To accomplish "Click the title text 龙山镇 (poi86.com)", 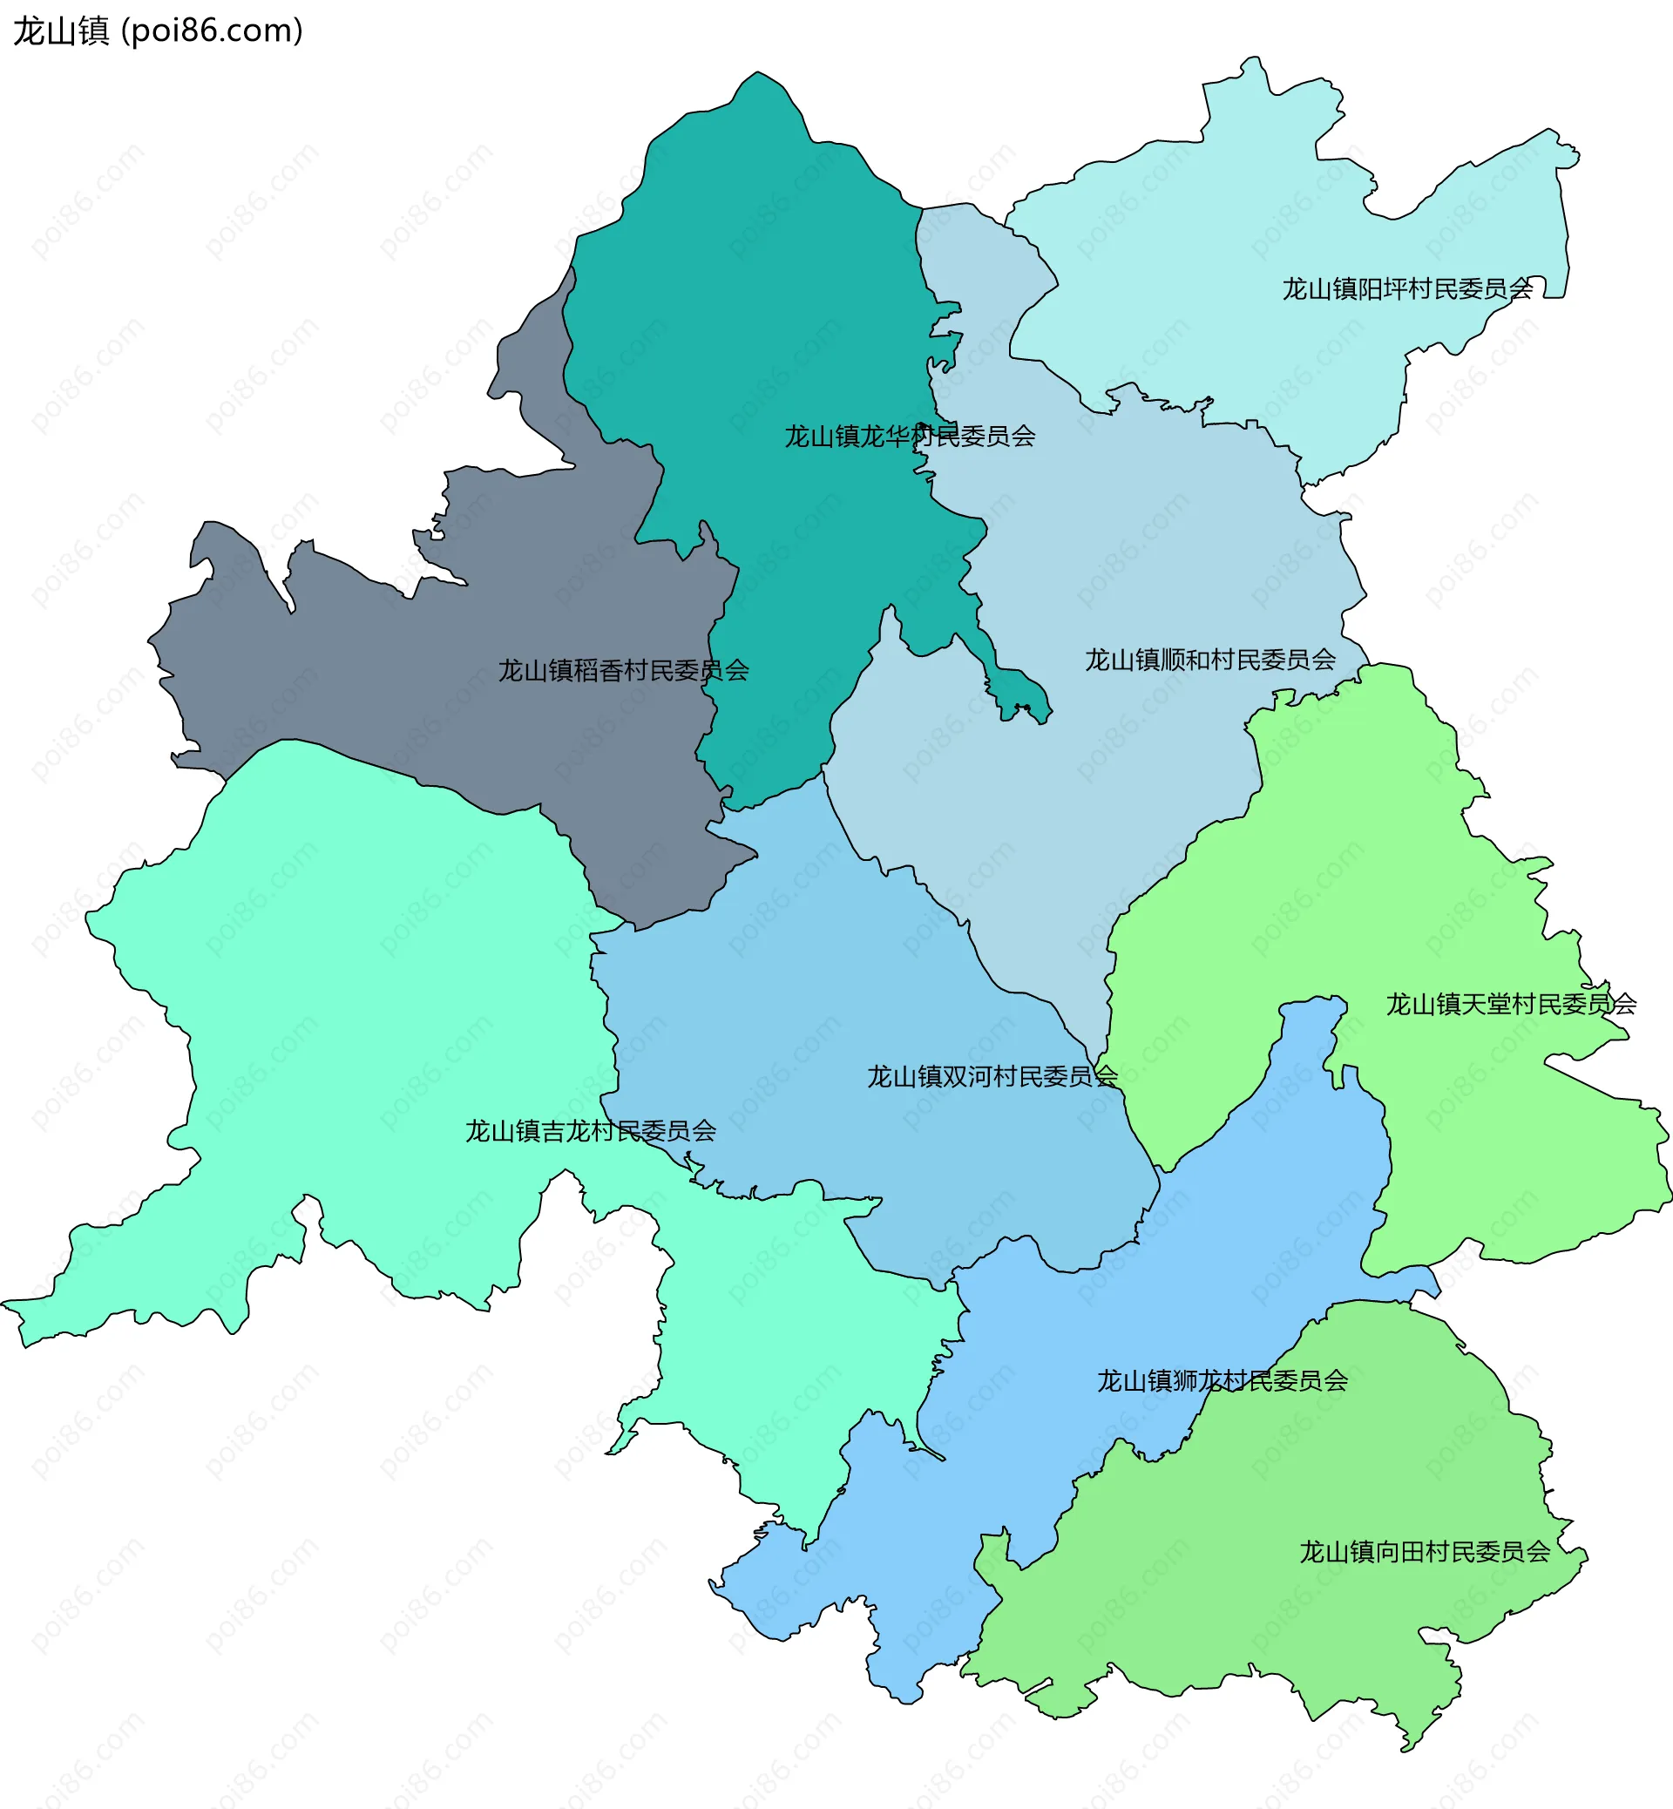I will point(158,30).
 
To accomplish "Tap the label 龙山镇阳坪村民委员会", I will point(1407,288).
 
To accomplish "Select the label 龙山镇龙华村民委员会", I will point(909,437).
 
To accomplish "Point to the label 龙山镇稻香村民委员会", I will point(623,671).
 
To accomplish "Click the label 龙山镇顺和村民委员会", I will point(1209,660).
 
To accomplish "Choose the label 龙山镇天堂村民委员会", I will point(1511,1004).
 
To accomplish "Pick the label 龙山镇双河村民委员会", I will point(992,1076).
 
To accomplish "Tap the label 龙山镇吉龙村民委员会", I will point(590,1131).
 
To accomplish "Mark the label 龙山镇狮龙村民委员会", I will point(1223,1381).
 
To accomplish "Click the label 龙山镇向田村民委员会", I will point(1425,1552).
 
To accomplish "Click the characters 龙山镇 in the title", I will point(61,30).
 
